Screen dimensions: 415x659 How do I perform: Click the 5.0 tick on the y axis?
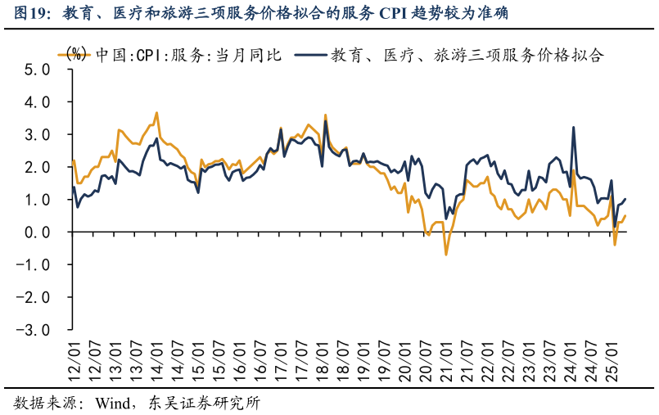coord(38,70)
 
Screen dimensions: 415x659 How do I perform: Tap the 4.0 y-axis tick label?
coord(38,102)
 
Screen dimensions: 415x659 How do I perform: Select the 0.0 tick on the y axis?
coord(38,232)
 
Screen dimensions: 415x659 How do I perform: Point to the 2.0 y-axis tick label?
coord(38,167)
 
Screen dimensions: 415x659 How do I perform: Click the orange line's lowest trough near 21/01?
coord(446,255)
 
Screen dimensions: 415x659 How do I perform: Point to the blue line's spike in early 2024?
coord(573,128)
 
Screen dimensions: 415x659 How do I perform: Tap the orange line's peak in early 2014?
coord(156,113)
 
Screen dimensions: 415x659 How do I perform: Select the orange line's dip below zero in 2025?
coord(615,244)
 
